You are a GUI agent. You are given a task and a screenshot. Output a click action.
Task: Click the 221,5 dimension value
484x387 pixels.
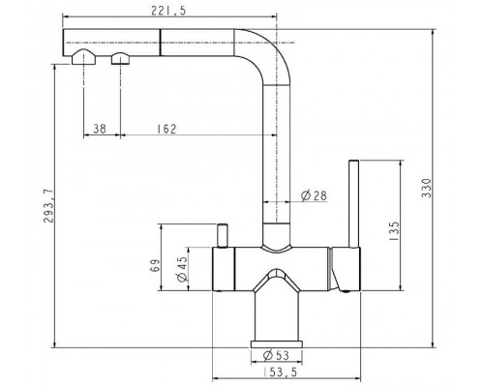click(168, 11)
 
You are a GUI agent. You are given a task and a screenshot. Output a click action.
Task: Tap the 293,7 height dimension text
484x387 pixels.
click(48, 206)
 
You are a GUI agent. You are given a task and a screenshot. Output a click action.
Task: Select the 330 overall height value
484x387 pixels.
click(427, 189)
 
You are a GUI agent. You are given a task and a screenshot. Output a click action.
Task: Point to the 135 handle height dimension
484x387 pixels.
click(394, 230)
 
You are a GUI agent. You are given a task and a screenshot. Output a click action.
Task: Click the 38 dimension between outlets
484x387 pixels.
click(100, 129)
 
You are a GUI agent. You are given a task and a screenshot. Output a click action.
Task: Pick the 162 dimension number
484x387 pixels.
click(166, 129)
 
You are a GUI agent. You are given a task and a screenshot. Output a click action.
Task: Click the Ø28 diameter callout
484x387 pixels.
click(314, 195)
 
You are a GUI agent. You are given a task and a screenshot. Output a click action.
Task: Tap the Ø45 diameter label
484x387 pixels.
click(182, 269)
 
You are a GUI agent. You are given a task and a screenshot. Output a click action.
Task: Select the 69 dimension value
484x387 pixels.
click(156, 265)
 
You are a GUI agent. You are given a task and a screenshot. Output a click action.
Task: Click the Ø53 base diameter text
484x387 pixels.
click(276, 355)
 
